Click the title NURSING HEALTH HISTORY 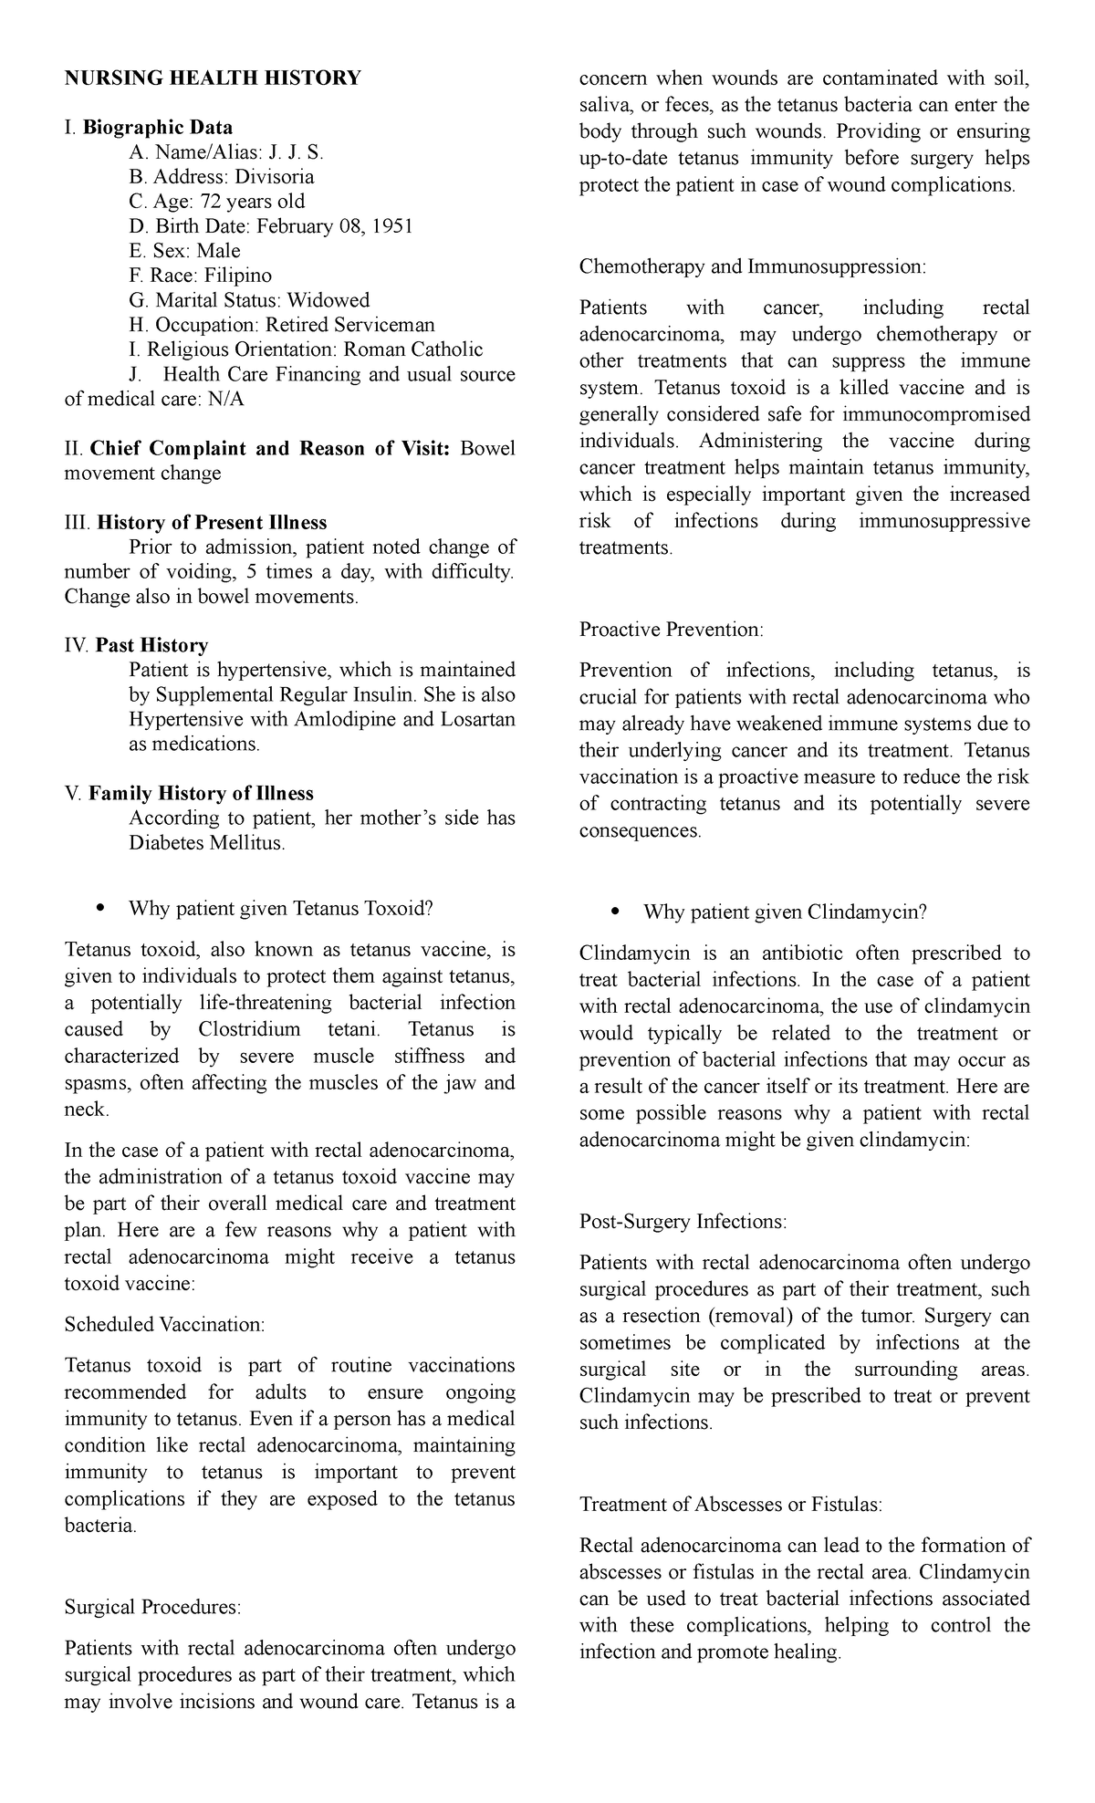[x=212, y=78]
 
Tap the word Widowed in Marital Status [x=328, y=300]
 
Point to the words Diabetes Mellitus [x=206, y=842]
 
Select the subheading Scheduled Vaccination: [x=164, y=1324]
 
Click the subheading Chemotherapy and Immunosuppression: [x=753, y=266]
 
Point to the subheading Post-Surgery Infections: [x=683, y=1221]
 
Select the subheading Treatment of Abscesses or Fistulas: [x=731, y=1505]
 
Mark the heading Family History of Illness [x=201, y=793]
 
